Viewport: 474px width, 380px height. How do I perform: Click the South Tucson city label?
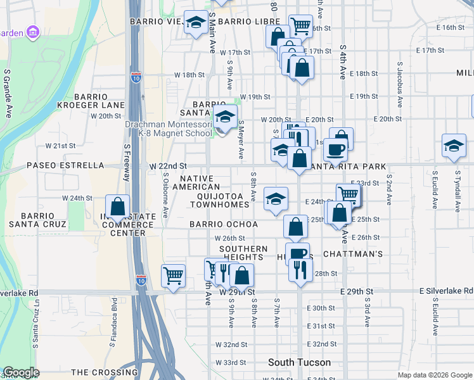click(x=299, y=363)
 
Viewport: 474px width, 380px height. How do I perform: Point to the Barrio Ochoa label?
click(x=224, y=224)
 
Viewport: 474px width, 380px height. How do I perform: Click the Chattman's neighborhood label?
click(x=353, y=254)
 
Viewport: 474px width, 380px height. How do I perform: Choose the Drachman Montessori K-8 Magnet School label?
click(x=169, y=129)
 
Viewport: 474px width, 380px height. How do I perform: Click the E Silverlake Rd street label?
click(x=446, y=290)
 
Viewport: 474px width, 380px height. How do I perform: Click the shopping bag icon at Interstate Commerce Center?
click(x=117, y=206)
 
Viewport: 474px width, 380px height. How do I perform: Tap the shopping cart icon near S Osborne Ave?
click(x=173, y=275)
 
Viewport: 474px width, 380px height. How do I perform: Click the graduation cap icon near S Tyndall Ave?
click(x=454, y=146)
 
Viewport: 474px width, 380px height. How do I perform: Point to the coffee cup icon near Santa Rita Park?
click(x=335, y=149)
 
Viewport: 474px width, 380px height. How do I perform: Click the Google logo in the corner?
click(x=21, y=372)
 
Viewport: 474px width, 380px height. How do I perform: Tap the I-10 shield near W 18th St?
click(x=136, y=77)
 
